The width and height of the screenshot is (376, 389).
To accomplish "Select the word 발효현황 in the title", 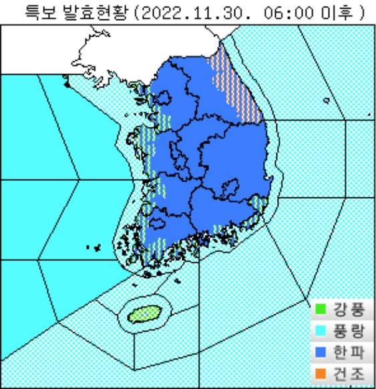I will click(94, 11).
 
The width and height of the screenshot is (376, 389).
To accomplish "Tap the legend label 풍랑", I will click(347, 332).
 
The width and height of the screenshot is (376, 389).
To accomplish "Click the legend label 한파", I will click(347, 354).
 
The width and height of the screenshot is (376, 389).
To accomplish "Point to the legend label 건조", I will click(347, 376).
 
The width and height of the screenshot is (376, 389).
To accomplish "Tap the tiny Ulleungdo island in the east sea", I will click(326, 101).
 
